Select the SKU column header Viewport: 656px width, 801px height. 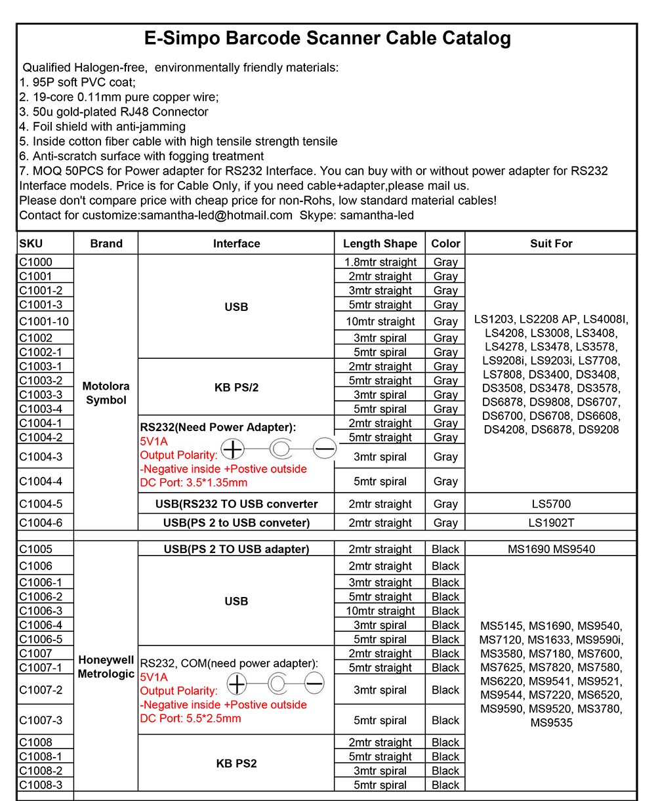point(31,243)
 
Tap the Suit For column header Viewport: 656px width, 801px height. point(551,243)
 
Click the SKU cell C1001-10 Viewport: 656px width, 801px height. point(44,321)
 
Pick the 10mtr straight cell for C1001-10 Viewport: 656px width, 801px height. point(380,321)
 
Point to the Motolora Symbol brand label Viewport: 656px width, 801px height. point(106,393)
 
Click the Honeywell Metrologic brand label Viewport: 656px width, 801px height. point(106,667)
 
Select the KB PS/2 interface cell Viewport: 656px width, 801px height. point(236,387)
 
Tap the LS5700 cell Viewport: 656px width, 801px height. point(551,504)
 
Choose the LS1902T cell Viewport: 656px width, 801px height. point(551,523)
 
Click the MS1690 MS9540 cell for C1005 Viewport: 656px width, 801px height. point(551,549)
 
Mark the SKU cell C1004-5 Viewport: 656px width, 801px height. point(45,504)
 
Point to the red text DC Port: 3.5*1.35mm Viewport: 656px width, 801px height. point(194,483)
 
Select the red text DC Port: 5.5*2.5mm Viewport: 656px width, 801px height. point(190,718)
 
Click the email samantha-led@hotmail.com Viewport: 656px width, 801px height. point(216,215)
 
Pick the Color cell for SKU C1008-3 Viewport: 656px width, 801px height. point(445,785)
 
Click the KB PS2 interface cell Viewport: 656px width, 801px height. point(236,764)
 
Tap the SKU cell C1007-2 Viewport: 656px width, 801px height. point(41,689)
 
